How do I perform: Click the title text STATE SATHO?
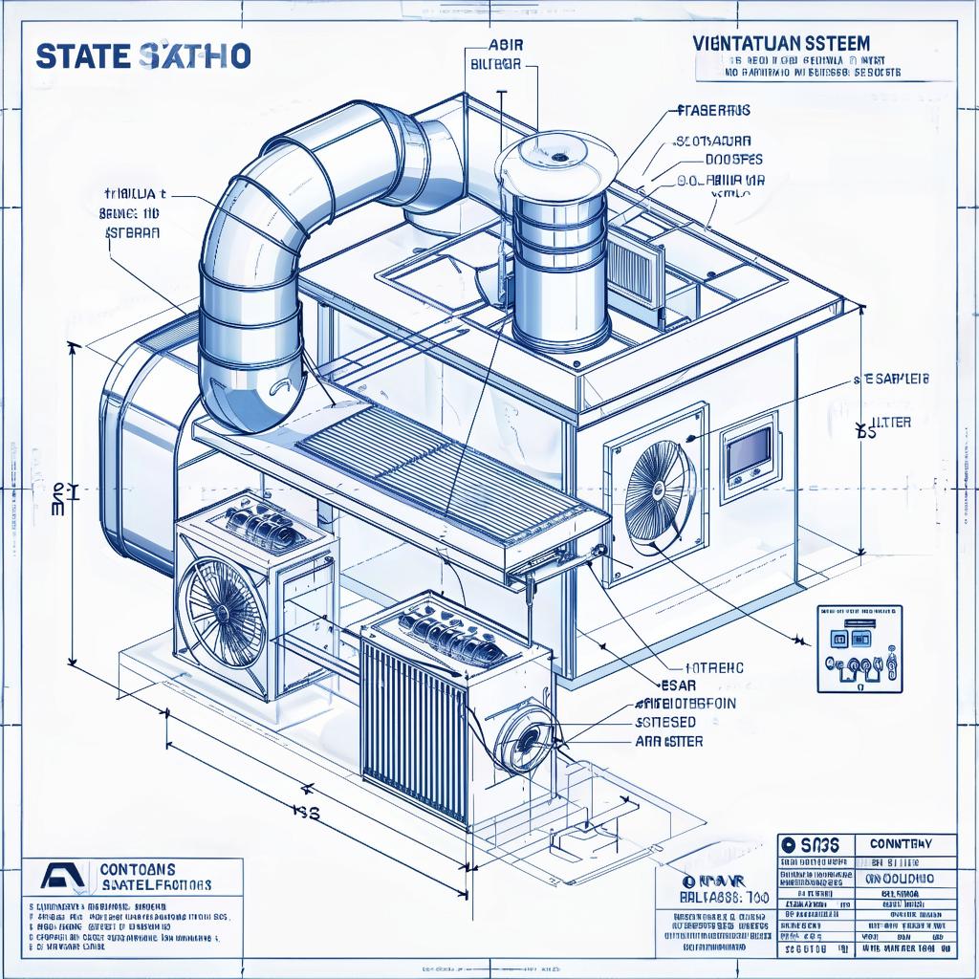(143, 55)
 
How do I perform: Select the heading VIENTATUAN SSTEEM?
(778, 43)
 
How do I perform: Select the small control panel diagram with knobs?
(859, 648)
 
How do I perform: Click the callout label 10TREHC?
(701, 668)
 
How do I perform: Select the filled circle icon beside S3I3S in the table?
(789, 845)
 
